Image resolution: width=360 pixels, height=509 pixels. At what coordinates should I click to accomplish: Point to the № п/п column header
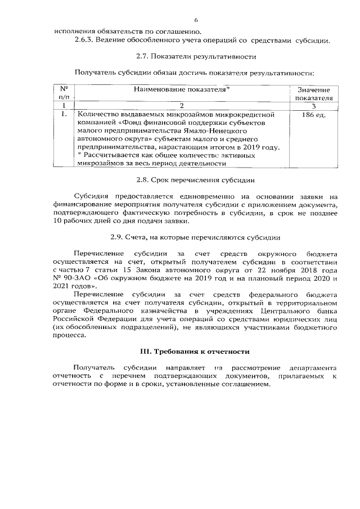pyautogui.click(x=64, y=93)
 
